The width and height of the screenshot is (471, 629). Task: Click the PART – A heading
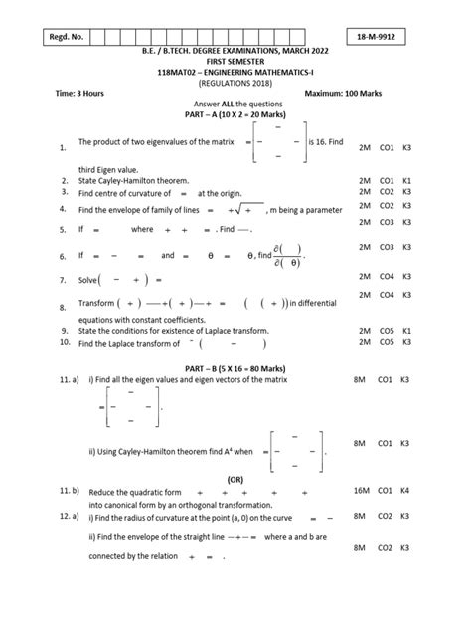(235, 115)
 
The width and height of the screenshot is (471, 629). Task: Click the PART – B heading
(235, 366)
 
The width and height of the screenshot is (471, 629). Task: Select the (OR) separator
(235, 477)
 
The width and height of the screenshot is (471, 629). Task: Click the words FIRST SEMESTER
(235, 62)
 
